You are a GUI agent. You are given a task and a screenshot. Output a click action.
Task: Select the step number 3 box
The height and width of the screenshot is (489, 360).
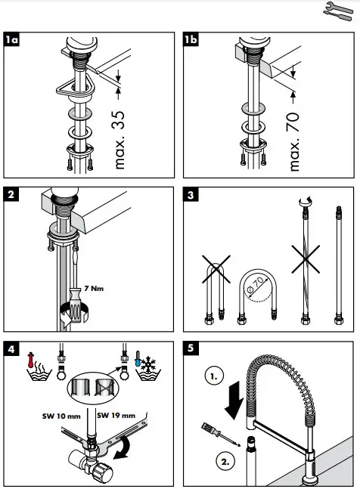[192, 194]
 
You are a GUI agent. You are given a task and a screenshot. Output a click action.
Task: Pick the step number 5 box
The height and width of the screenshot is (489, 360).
[192, 348]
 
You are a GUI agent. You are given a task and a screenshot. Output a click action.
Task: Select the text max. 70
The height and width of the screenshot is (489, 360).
[294, 140]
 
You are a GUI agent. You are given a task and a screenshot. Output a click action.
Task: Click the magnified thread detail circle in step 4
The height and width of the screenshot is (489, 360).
[93, 387]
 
